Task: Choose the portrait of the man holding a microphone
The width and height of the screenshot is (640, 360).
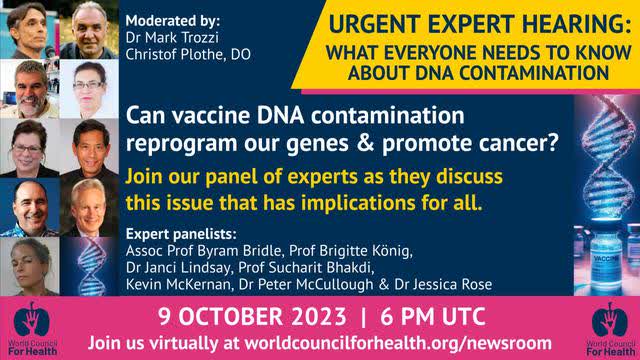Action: (x=26, y=29)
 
